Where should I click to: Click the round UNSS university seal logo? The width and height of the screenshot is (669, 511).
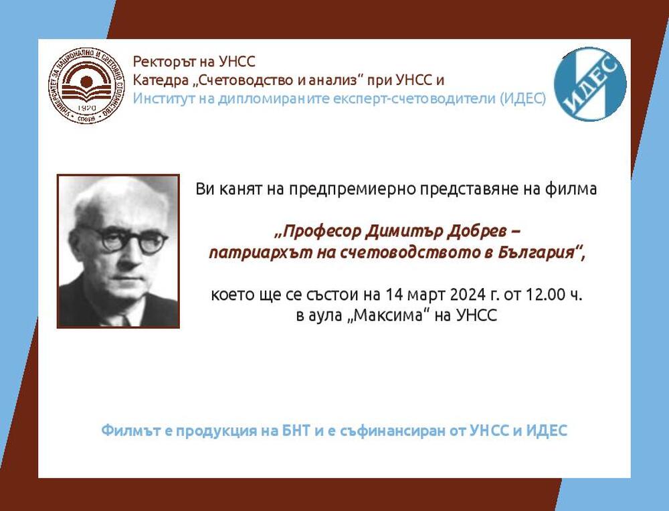point(86,86)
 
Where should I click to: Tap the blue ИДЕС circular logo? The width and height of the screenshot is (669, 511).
point(591,84)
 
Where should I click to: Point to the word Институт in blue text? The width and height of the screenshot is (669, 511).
point(161,98)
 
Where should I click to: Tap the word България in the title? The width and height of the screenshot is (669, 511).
point(537,254)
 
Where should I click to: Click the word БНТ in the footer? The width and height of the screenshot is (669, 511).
point(294,431)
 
